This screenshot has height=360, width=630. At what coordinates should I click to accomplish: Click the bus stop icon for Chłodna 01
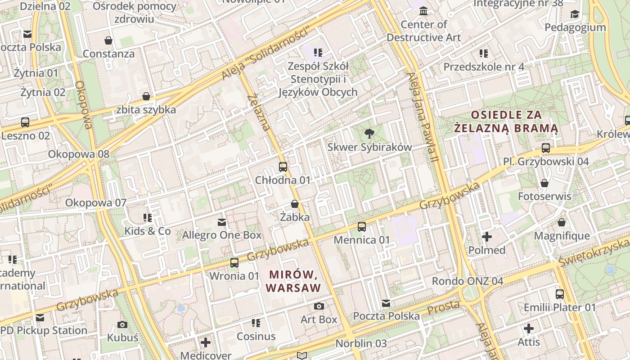283,166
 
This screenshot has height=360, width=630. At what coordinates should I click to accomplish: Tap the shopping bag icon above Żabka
295,204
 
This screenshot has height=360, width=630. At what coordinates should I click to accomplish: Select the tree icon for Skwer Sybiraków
369,133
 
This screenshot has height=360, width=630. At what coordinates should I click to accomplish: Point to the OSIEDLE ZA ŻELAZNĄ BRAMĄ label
506,121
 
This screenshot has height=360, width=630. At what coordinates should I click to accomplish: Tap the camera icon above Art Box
319,306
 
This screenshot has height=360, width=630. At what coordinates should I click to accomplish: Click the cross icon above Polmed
487,236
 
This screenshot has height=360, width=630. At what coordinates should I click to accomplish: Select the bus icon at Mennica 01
361,226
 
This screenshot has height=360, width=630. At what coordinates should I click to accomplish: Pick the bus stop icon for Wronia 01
234,262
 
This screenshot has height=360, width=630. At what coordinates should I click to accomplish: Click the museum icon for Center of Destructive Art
423,11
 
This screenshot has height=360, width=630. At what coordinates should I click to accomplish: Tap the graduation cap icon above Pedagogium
575,14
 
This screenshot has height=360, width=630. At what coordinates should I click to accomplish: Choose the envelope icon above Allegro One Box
221,222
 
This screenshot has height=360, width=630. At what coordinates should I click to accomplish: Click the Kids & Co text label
148,231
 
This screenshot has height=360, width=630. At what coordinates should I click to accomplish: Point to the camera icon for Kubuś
122,324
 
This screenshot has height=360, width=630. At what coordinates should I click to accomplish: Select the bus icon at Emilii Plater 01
559,294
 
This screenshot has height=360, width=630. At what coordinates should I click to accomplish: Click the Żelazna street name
259,112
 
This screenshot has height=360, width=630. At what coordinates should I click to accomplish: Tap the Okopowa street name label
84,104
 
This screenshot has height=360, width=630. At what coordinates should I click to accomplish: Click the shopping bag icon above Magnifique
561,222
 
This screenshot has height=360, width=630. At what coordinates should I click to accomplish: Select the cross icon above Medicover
206,342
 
